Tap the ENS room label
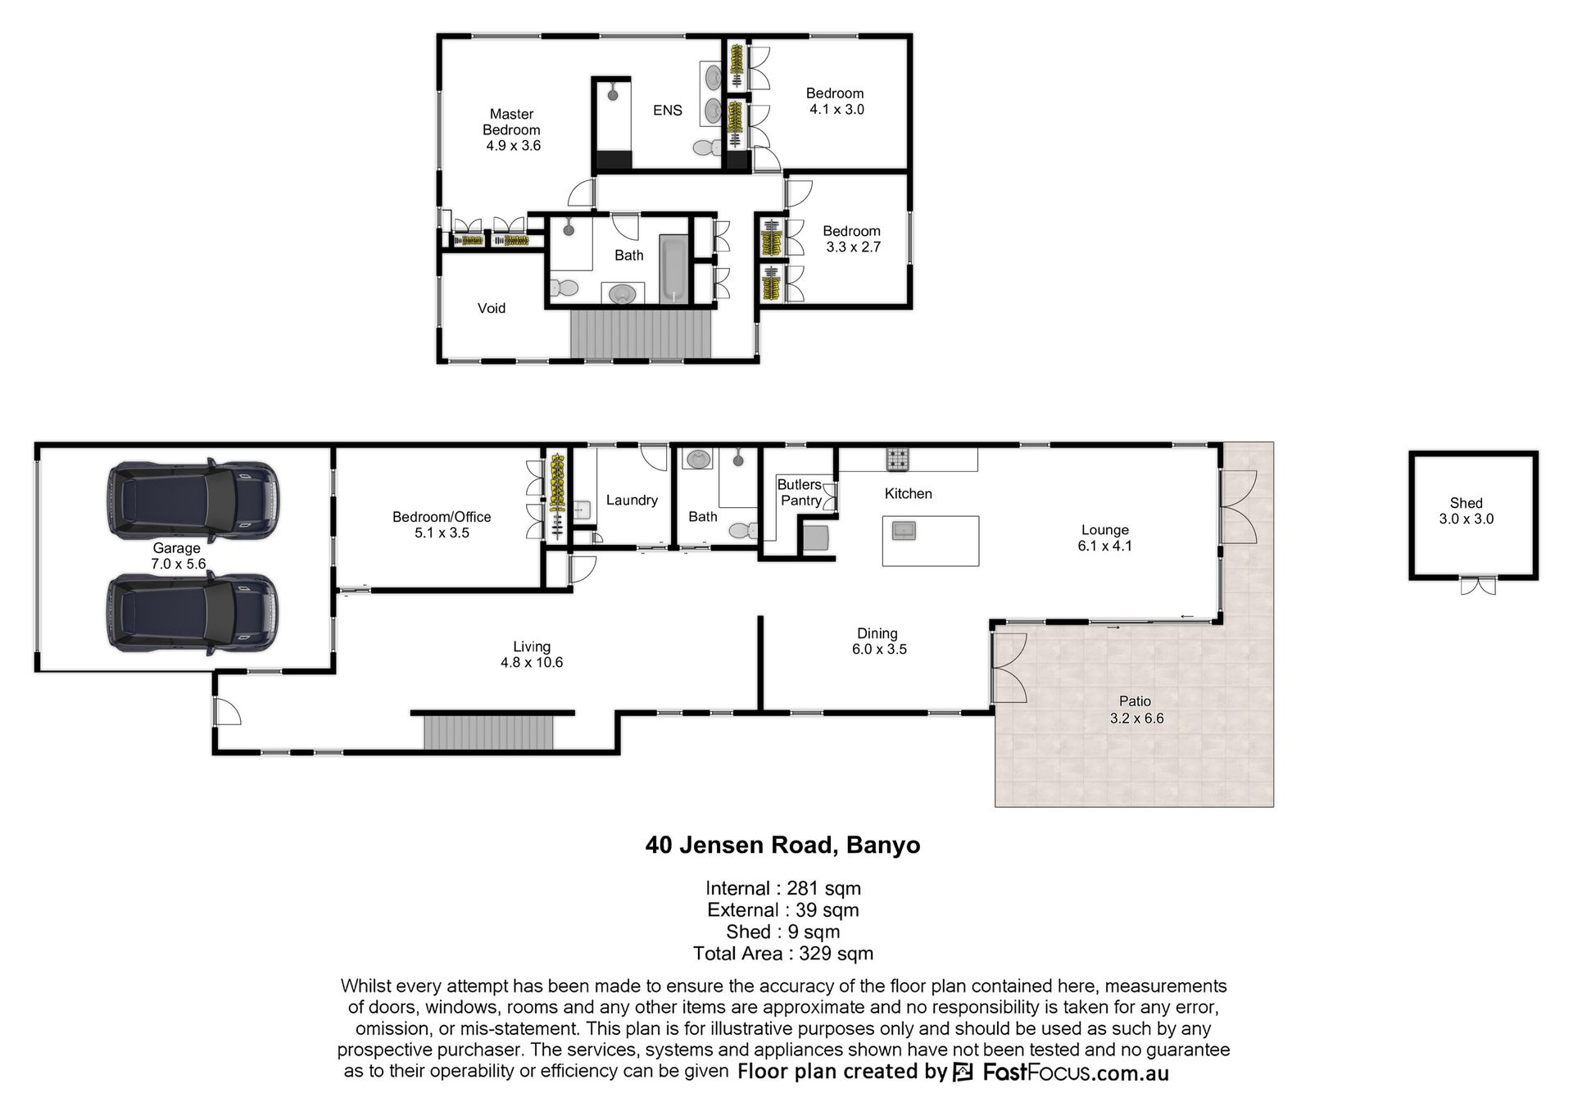[667, 110]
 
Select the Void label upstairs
[492, 308]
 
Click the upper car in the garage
[193, 501]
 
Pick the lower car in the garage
[193, 613]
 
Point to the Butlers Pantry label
[800, 492]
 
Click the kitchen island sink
[904, 530]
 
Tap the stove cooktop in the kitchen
[898, 460]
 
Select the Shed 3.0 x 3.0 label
[1466, 510]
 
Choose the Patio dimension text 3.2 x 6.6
[1136, 719]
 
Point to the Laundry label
[632, 500]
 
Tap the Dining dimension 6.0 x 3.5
[879, 649]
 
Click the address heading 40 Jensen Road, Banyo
[782, 845]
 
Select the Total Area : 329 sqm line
[783, 954]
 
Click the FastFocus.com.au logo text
[1076, 1072]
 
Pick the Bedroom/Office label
[442, 517]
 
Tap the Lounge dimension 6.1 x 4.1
[1105, 546]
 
